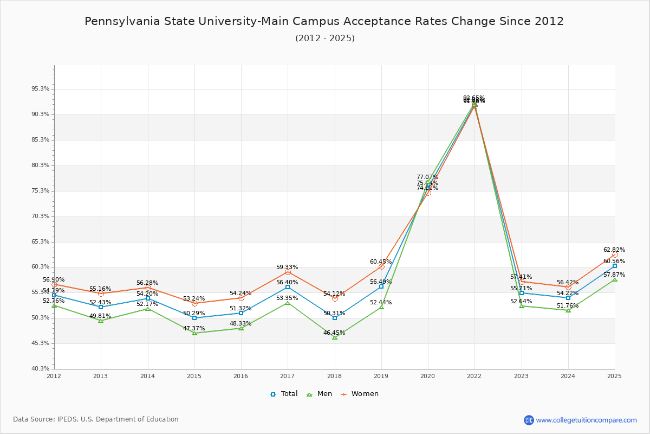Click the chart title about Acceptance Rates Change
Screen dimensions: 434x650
coord(324,22)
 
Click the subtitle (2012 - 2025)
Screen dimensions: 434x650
coord(325,39)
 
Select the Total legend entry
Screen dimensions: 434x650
coord(284,394)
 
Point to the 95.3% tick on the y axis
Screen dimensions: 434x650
coord(41,89)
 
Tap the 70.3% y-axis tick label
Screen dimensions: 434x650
coord(41,216)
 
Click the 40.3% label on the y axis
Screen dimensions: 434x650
coord(41,369)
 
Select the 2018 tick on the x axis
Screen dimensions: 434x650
coord(334,376)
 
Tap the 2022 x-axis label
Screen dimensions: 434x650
coord(474,376)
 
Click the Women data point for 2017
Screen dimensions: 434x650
coord(288,272)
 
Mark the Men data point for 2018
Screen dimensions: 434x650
coord(335,337)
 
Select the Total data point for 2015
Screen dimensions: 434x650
coord(194,318)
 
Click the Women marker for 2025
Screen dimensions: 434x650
coord(615,254)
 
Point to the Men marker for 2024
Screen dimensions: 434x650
coord(568,310)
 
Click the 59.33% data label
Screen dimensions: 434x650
coord(287,267)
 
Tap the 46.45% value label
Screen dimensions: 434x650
coord(334,333)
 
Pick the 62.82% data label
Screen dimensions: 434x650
coord(614,250)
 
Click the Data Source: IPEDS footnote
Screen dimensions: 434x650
coord(96,419)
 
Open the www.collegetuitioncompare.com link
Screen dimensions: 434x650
coord(586,420)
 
